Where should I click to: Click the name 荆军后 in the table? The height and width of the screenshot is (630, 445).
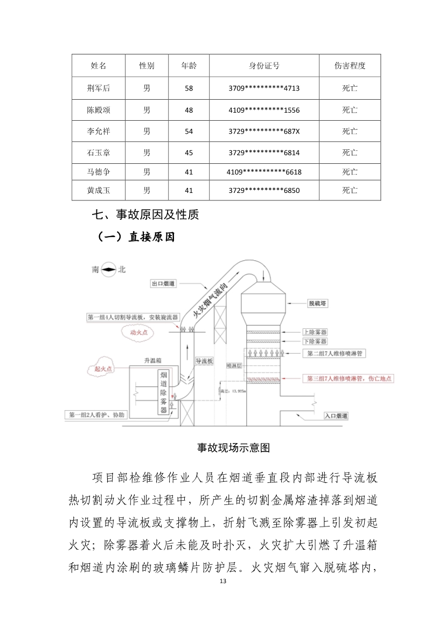click(99, 88)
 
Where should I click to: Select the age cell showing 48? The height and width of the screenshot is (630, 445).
click(189, 110)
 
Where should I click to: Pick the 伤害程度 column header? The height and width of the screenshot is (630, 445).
click(350, 66)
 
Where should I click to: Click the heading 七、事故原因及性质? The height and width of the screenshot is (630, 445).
click(145, 215)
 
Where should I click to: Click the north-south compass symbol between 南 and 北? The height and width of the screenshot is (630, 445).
click(109, 270)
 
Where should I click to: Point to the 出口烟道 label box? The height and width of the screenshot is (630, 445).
click(164, 283)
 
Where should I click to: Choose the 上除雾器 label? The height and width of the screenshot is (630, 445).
click(315, 333)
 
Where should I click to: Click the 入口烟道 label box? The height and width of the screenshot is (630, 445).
click(336, 416)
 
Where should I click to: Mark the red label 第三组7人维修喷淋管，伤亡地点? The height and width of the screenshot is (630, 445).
click(349, 379)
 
